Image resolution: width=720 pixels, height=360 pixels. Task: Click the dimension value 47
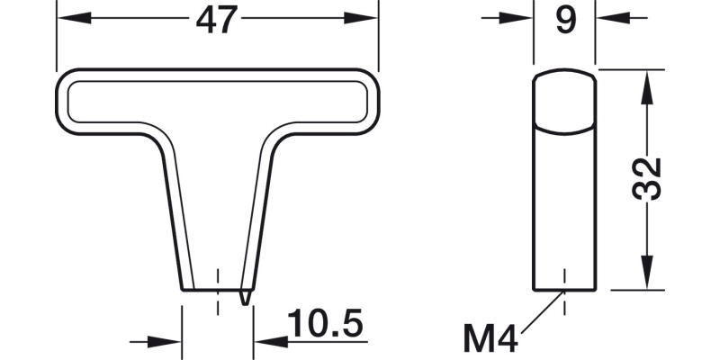coord(216,20)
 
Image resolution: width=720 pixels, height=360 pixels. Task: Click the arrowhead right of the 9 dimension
coord(607,15)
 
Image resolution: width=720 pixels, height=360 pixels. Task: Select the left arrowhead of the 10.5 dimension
coord(170,342)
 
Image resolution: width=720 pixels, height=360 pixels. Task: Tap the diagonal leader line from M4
coord(542,314)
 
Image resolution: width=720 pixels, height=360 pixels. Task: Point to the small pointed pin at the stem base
coord(245,296)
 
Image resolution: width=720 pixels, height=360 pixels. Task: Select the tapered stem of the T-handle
coord(219,207)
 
